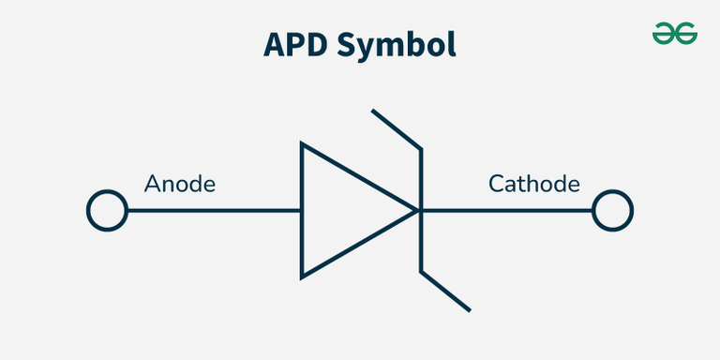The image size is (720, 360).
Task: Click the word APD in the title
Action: (x=299, y=44)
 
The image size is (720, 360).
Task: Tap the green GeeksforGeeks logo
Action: (x=675, y=35)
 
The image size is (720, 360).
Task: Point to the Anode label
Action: (x=180, y=184)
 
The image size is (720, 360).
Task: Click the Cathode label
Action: (x=534, y=184)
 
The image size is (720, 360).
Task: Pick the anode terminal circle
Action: (x=107, y=210)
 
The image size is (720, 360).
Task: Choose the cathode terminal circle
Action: (x=613, y=210)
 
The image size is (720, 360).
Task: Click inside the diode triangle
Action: (x=342, y=210)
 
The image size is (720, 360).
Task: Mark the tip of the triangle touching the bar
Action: (x=418, y=210)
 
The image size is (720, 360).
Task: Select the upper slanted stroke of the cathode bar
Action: (x=397, y=129)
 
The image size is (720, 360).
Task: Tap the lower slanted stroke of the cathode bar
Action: (x=445, y=291)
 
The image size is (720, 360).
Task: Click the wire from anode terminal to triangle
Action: (x=214, y=210)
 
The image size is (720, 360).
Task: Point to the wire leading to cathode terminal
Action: (x=506, y=210)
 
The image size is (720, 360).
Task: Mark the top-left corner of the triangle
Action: (x=302, y=144)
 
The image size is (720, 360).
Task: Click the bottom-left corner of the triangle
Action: (x=302, y=277)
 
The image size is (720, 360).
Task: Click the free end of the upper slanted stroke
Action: (x=373, y=112)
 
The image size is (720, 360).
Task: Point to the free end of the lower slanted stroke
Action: (x=469, y=309)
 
